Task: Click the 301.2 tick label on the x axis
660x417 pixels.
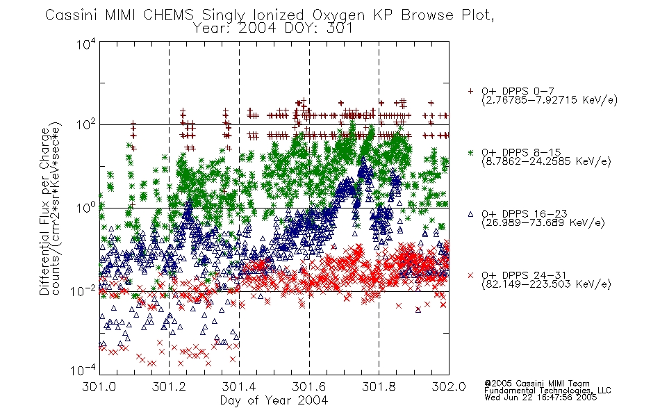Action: click(169, 386)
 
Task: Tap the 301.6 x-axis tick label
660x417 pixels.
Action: click(309, 386)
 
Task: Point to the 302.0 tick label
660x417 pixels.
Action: click(449, 386)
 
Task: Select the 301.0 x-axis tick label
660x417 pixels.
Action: click(99, 386)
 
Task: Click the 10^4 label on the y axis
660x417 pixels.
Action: click(86, 44)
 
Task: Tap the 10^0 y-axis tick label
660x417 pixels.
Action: click(86, 207)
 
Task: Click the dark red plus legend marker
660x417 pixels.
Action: click(470, 91)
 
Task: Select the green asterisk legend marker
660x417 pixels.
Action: click(470, 152)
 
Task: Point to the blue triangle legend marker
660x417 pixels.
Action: click(470, 214)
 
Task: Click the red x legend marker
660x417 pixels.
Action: click(470, 275)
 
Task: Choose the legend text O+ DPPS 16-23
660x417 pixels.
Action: click(524, 213)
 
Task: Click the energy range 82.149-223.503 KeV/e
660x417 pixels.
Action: click(546, 284)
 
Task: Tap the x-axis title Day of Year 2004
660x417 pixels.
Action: click(274, 400)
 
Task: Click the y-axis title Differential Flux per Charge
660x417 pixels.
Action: click(44, 211)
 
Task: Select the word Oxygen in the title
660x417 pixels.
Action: click(339, 15)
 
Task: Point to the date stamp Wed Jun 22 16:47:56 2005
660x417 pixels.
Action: click(541, 397)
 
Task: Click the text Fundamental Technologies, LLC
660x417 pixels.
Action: click(547, 391)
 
